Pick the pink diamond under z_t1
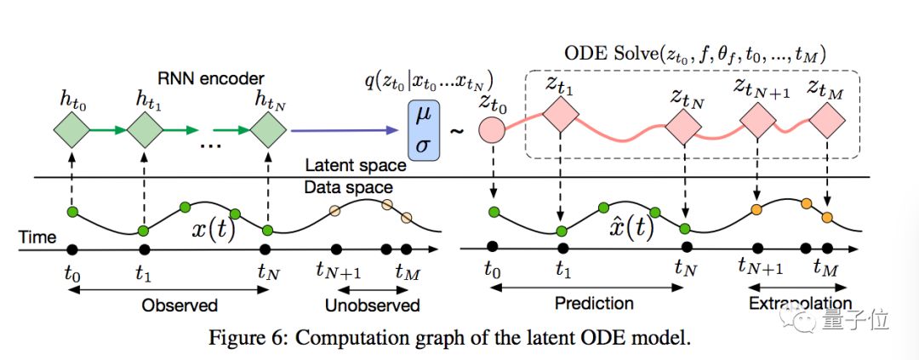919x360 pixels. pyautogui.click(x=561, y=116)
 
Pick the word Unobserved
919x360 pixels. pyautogui.click(x=373, y=306)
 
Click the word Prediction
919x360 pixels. pyautogui.click(x=594, y=303)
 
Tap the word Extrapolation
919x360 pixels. pyautogui.click(x=800, y=304)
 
